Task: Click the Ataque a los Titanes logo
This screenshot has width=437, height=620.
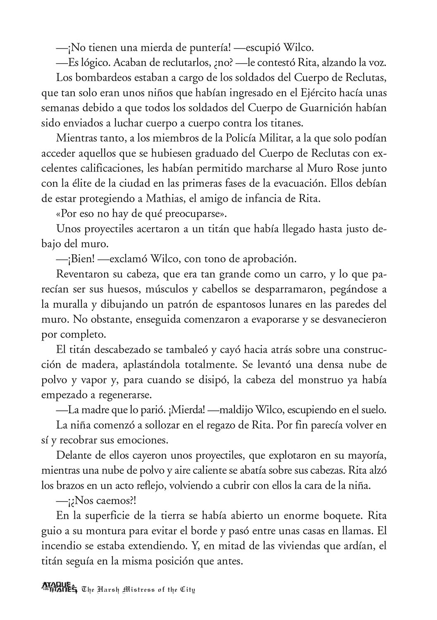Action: (60, 587)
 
